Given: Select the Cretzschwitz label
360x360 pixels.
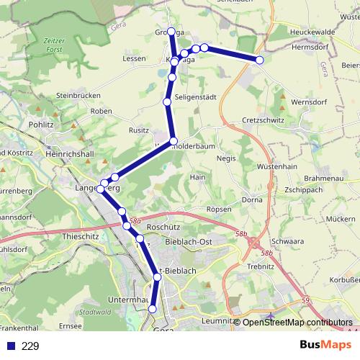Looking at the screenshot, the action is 264,120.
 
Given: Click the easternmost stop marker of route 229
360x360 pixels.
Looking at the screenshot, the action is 260,60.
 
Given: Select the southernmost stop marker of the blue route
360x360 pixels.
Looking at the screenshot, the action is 152,309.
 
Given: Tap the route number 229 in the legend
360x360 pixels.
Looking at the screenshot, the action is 30,346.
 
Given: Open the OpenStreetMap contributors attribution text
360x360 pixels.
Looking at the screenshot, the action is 297,323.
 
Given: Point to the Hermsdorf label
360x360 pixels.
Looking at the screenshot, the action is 310,45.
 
